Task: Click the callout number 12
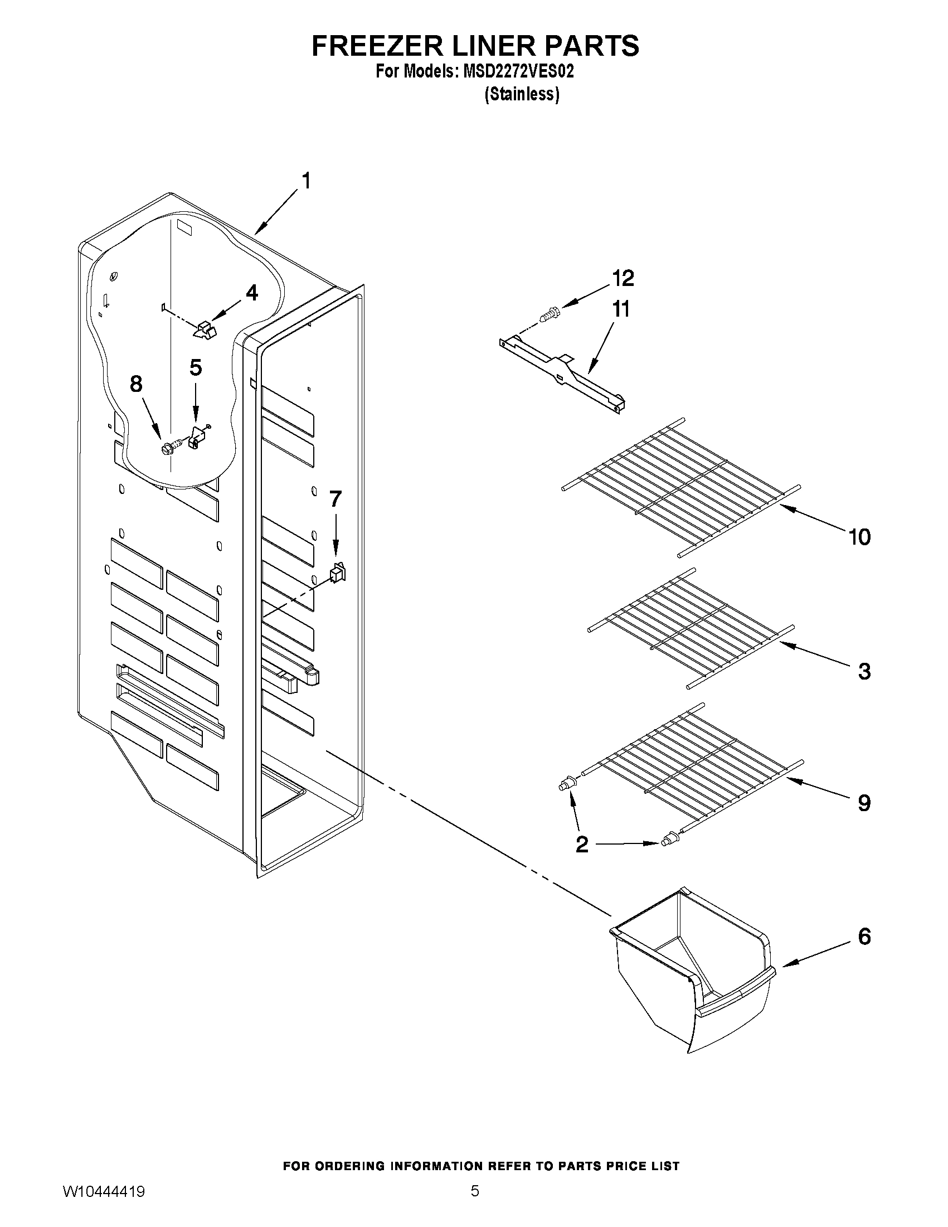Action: pos(623,278)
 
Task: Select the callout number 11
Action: pos(621,309)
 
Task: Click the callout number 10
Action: pos(859,537)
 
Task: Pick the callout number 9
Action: pos(864,803)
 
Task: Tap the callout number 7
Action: pos(336,499)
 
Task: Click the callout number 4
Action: pos(252,293)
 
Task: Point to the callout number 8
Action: pos(136,384)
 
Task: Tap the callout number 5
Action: pos(195,367)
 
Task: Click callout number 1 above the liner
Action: pos(306,181)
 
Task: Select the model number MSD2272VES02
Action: pos(517,72)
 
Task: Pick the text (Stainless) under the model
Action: pos(522,94)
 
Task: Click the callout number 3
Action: pos(864,671)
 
